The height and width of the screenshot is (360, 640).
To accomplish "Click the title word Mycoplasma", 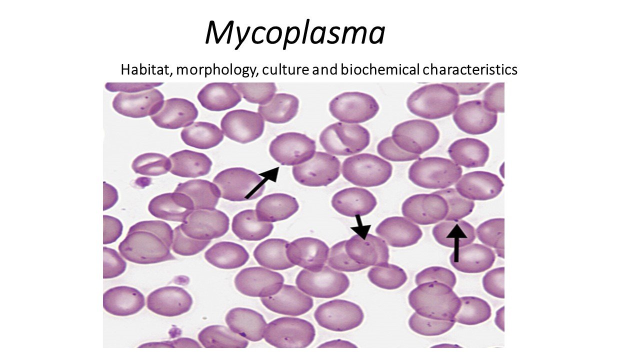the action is [x=295, y=33].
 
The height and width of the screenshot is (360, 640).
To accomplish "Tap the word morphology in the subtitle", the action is [x=217, y=71].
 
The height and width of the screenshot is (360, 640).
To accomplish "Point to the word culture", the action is [x=285, y=69].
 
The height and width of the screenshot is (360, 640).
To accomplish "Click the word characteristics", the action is [x=470, y=69].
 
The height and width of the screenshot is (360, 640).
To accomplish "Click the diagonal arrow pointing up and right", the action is [x=262, y=182].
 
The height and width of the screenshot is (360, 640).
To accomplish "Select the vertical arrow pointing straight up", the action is [x=456, y=243].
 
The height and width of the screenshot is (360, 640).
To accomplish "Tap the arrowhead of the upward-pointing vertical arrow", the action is [x=456, y=231].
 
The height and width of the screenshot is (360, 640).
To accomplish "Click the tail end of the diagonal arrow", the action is [x=246, y=197].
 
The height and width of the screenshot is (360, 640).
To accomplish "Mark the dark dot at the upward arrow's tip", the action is [x=456, y=220].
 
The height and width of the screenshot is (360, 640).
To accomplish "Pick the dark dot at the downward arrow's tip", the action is [x=367, y=243].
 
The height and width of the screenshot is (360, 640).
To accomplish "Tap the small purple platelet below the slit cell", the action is [x=142, y=181].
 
